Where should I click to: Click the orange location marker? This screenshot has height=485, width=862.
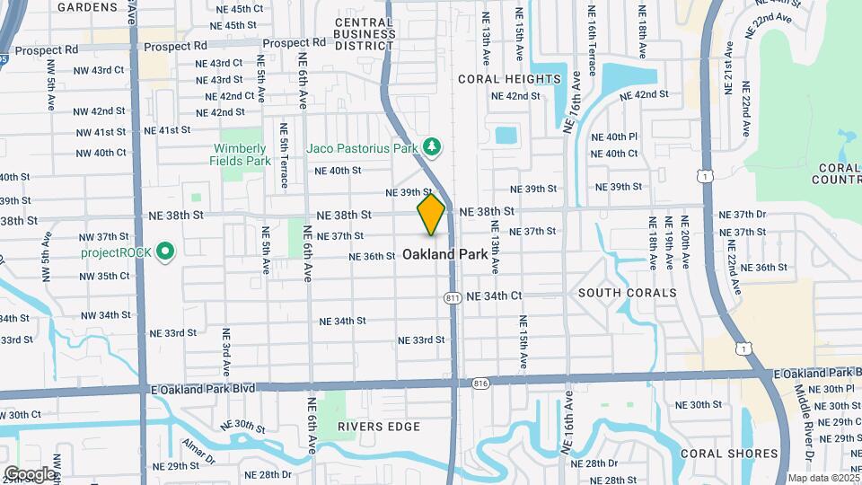coord(431,215)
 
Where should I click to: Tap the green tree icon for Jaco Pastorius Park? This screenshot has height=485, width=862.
coord(433,146)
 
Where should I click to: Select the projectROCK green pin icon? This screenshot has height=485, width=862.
coord(164,252)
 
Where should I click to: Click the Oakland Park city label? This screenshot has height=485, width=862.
coord(445,254)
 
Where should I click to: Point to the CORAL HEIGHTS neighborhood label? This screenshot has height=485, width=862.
coord(509,79)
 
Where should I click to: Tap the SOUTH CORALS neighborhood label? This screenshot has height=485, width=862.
coord(628,293)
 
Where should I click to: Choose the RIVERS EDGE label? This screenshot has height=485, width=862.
coord(379,426)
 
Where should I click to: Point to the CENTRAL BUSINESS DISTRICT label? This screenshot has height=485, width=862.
coord(365,33)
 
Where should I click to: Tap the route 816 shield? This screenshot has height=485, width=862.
coord(479,383)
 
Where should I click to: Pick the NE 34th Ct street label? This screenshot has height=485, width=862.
coord(492,295)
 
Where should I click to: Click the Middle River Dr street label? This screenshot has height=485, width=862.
coord(804,422)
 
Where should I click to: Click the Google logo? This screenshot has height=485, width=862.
coord(30,473)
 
